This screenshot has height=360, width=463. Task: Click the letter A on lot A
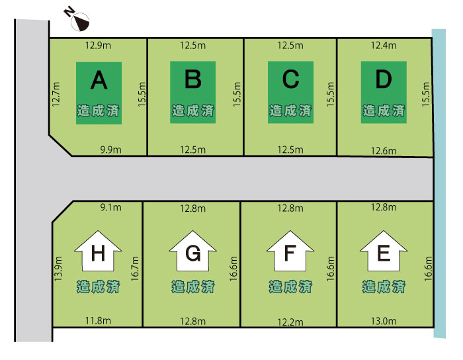(x=99, y=80)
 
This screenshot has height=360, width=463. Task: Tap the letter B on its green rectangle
(x=193, y=79)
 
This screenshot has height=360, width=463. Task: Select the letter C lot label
(x=290, y=79)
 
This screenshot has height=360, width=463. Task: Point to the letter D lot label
(x=384, y=79)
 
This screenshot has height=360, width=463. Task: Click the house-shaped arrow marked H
(x=98, y=251)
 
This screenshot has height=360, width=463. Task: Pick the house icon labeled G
(x=193, y=251)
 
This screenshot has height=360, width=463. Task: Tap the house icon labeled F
(x=290, y=251)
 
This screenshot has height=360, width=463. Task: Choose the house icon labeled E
(x=384, y=251)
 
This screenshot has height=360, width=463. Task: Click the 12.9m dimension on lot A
(x=98, y=46)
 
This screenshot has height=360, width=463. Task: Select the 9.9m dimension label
(x=110, y=150)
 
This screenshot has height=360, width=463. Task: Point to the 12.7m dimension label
(x=56, y=95)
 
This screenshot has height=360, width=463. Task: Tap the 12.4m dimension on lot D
(x=384, y=46)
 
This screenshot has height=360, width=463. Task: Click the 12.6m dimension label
(x=384, y=151)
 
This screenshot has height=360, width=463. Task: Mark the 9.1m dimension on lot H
(x=110, y=207)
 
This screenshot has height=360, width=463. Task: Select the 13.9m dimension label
(x=58, y=269)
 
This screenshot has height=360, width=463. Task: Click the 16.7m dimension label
(x=135, y=269)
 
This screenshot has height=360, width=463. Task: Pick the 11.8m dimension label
(x=98, y=320)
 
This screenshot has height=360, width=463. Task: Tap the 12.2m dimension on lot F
(x=290, y=322)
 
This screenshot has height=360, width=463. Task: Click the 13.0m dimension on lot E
(x=384, y=321)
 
